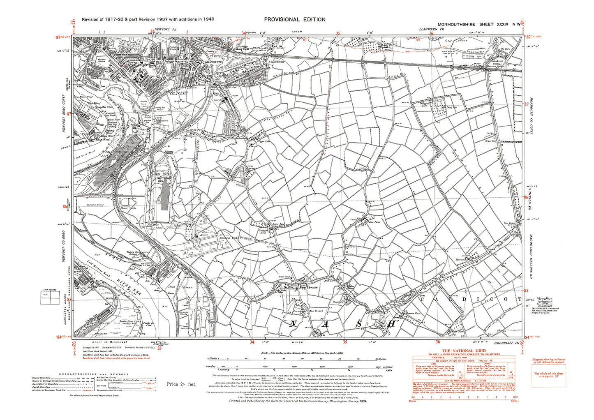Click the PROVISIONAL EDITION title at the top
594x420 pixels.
pyautogui.click(x=294, y=19)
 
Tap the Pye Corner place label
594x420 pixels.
pyautogui.click(x=308, y=288)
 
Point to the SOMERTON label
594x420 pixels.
pyautogui.click(x=214, y=61)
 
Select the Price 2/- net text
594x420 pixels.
pyautogui.click(x=181, y=384)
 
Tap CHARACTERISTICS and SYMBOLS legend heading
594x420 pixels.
pyautogui.click(x=94, y=374)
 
